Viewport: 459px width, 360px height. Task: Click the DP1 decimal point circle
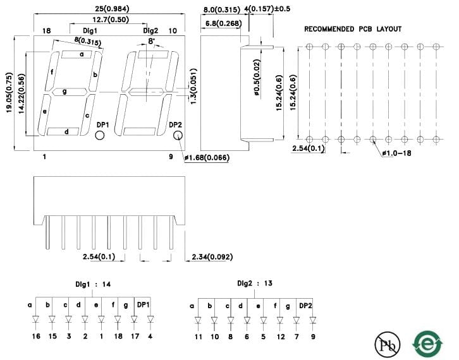click(100, 135)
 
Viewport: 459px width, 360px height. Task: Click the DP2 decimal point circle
click(178, 135)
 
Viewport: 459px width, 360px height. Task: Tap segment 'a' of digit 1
click(76, 54)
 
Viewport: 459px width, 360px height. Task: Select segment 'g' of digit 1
click(69, 92)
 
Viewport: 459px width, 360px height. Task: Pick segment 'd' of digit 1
click(63, 131)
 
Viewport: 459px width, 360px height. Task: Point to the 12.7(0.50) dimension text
click(111, 20)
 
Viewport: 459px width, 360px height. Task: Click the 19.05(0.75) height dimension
click(9, 92)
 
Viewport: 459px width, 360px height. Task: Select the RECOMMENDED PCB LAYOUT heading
click(353, 29)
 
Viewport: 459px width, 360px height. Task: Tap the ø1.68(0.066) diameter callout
click(207, 158)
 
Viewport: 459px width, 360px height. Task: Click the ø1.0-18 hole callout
click(396, 153)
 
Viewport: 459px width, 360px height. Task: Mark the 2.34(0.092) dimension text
click(212, 257)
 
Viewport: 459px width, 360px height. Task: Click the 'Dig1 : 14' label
click(93, 284)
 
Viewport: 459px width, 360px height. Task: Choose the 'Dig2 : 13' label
click(255, 283)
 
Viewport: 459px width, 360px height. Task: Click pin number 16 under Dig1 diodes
click(36, 336)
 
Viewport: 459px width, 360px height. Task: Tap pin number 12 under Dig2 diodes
click(281, 337)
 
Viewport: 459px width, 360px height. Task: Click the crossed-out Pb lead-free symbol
click(388, 344)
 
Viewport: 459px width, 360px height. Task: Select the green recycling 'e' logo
click(427, 344)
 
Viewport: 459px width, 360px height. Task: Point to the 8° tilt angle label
click(151, 41)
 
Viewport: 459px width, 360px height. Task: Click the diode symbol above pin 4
click(150, 319)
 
